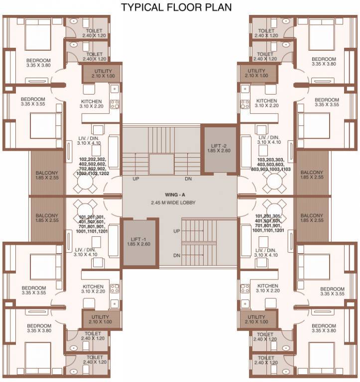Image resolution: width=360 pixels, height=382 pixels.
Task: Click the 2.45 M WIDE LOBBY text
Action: (179, 203)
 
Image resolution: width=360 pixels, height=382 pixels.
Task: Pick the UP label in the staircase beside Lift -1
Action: (176, 231)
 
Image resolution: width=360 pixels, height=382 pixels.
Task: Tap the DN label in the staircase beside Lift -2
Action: (188, 179)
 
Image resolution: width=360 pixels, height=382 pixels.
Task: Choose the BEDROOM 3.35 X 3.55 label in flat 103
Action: (327, 102)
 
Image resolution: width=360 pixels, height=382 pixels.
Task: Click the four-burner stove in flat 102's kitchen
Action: (115, 104)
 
